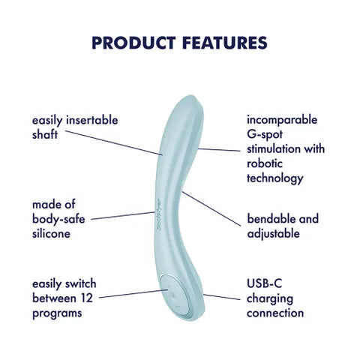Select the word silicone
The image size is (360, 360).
pos(51,233)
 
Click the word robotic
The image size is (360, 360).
pos(267,163)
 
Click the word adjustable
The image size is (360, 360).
pos(274,233)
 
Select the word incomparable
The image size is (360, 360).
pos(282,119)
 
